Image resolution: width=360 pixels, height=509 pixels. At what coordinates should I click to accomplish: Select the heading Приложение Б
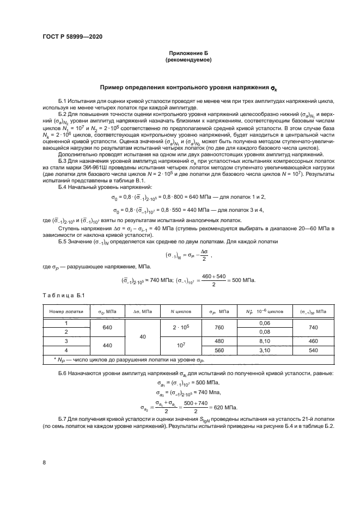(x=180, y=53)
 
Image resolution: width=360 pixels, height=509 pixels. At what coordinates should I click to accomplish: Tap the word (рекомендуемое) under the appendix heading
(x=180, y=60)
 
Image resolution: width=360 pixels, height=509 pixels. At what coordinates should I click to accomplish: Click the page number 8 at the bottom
(x=44, y=463)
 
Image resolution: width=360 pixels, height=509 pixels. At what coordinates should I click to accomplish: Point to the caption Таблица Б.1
(x=64, y=295)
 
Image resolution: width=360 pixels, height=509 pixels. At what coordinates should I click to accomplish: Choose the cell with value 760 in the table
(x=219, y=327)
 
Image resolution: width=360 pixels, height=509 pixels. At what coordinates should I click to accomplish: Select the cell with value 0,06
(x=265, y=323)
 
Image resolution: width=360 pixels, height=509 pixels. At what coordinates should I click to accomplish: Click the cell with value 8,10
(x=265, y=340)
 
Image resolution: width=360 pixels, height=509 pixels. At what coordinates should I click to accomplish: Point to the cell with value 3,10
(x=265, y=349)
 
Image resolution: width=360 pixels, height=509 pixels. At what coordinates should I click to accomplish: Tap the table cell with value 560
(x=219, y=349)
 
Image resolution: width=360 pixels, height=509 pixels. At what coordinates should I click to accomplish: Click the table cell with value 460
(x=313, y=340)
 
